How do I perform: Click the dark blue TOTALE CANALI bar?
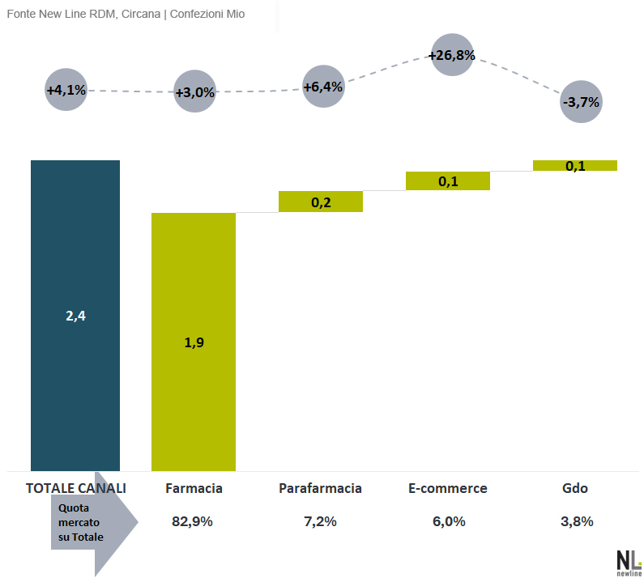75,315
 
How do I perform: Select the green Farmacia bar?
194,342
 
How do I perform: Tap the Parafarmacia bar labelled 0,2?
321,202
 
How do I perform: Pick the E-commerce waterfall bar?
448,181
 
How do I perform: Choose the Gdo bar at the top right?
575,165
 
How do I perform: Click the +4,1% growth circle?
66,90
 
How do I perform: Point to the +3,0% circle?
194,91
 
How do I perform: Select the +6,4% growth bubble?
323,86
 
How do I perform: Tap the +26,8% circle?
451,55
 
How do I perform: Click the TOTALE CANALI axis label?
76,488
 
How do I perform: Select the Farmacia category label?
194,488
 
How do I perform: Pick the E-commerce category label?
447,488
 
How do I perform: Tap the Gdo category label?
574,488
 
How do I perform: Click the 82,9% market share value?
193,521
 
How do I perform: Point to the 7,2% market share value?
320,521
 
